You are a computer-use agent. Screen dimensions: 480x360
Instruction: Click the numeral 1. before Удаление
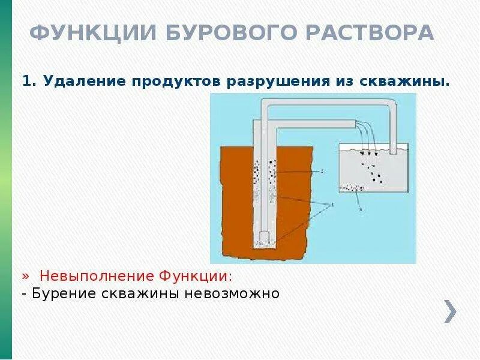point(28,81)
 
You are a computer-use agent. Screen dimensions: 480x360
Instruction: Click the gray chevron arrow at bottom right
point(451,310)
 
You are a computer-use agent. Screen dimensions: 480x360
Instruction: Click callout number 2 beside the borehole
point(322,171)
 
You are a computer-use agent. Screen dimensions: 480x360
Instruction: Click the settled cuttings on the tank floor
point(353,188)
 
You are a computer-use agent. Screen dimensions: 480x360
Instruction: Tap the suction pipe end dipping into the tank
point(394,150)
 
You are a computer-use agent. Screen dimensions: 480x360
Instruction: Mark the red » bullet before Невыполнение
point(26,276)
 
